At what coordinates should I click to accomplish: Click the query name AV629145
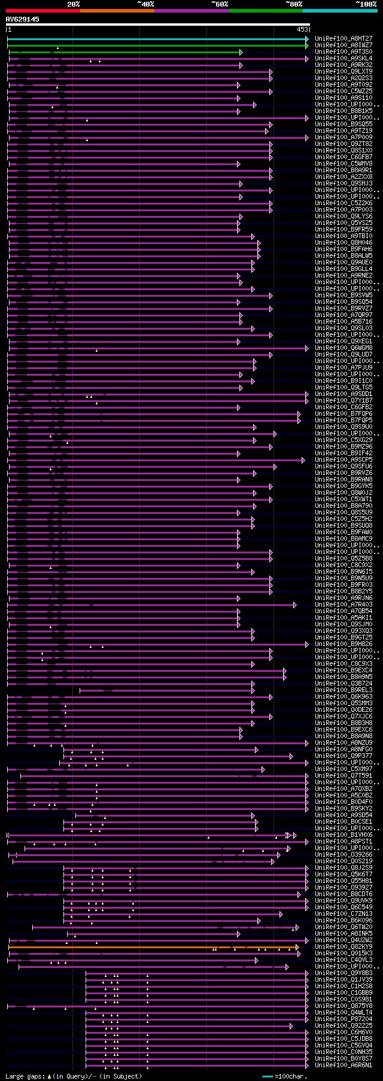[23, 19]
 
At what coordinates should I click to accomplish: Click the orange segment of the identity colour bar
[117, 11]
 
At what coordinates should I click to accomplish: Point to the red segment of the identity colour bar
[42, 11]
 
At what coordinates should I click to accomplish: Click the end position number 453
[302, 29]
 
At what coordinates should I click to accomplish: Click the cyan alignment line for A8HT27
[156, 39]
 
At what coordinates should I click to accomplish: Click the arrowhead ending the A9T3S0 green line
[241, 52]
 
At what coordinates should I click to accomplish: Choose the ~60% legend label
[220, 4]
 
